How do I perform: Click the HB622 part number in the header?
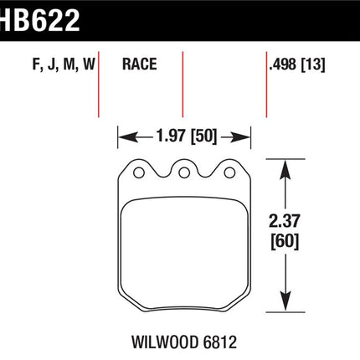(39, 21)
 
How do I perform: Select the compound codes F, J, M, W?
(64, 64)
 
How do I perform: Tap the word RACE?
(140, 64)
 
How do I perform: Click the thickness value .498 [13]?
(297, 64)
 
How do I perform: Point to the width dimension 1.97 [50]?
(187, 136)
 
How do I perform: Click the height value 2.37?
(285, 221)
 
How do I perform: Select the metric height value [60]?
(285, 241)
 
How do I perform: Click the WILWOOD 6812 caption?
(184, 342)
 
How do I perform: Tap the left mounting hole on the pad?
(139, 172)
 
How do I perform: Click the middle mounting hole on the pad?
(184, 172)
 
